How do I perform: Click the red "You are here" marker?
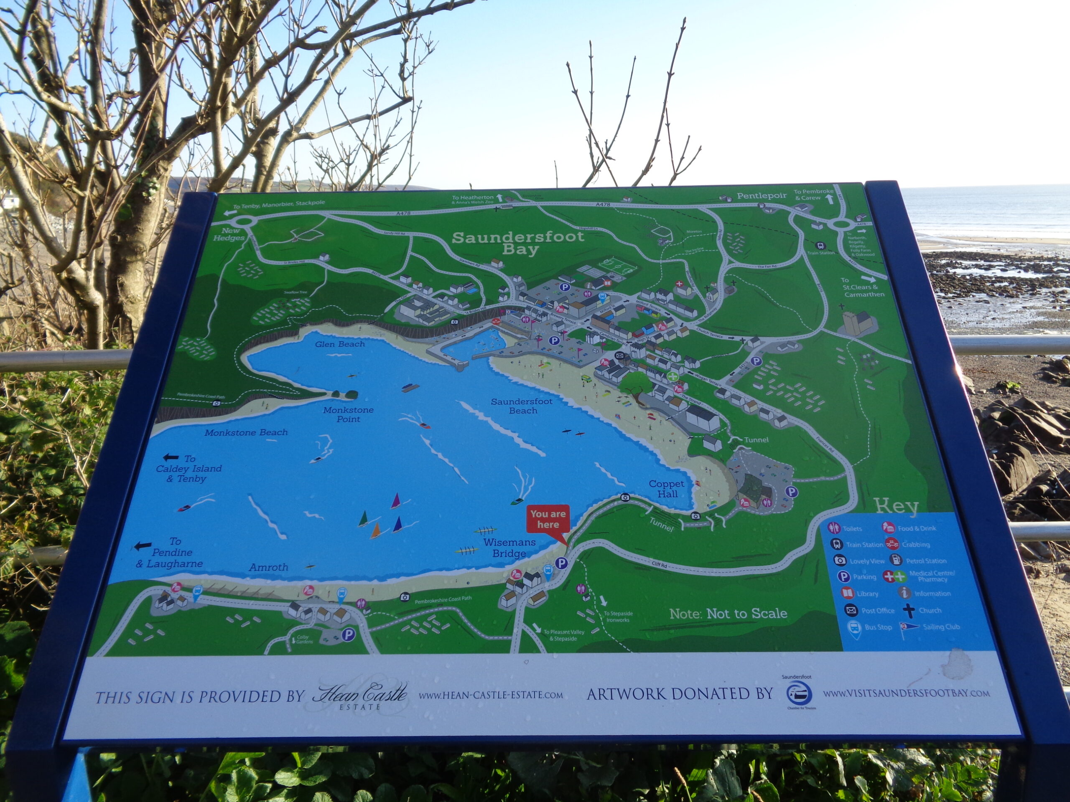click(548, 520)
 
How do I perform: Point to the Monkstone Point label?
click(348, 414)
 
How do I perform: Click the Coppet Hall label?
click(667, 489)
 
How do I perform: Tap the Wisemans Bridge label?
click(510, 548)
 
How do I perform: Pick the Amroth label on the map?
click(268, 567)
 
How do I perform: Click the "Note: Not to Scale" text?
click(728, 614)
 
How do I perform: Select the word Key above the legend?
click(897, 506)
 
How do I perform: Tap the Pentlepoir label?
click(762, 196)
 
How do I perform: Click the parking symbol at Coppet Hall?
click(791, 492)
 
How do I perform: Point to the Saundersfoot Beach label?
click(522, 406)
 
